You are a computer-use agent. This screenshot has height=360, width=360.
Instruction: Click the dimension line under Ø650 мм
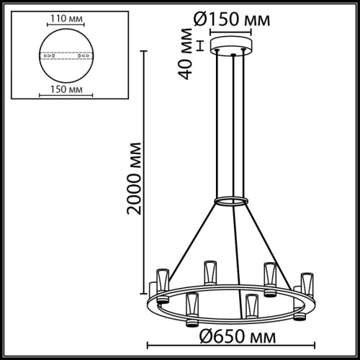[230, 343]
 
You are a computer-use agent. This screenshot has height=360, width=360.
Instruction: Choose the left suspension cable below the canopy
[221, 122]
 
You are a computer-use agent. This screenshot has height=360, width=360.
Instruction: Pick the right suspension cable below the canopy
[240, 122]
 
